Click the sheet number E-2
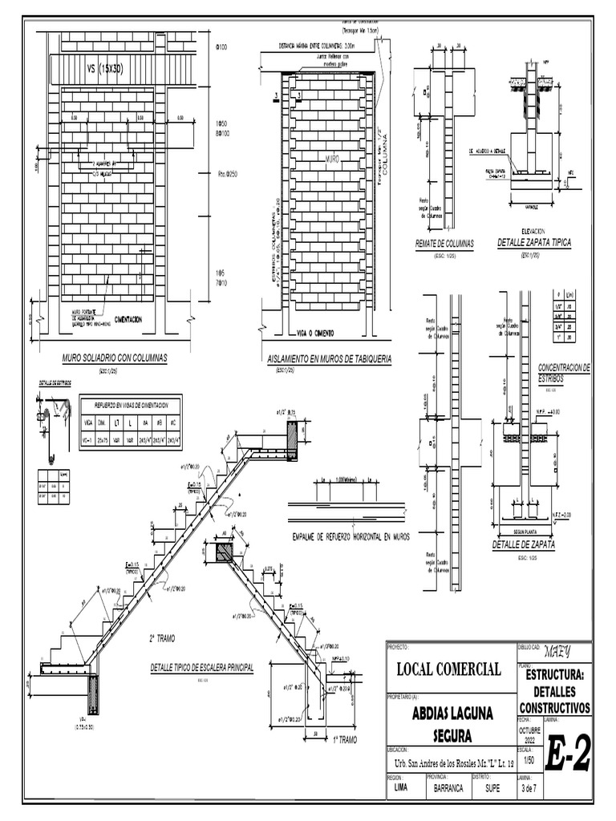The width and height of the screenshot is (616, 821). [x=569, y=753]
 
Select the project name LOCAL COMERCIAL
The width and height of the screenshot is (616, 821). [x=445, y=669]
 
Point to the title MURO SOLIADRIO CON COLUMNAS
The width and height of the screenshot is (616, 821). [x=114, y=358]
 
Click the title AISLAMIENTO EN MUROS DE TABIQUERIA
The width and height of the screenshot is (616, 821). [x=329, y=360]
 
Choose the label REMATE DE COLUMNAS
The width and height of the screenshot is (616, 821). [x=444, y=242]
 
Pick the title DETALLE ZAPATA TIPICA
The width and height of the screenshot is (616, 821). [x=534, y=242]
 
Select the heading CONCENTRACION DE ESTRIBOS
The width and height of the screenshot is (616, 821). [x=564, y=372]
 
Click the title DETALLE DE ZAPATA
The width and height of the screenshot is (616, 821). [x=524, y=545]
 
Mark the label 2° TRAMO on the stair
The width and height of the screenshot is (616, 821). [x=162, y=638]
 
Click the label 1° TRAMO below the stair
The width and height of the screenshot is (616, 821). [x=342, y=740]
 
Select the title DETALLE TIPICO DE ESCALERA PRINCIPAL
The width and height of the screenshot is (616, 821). [x=201, y=667]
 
